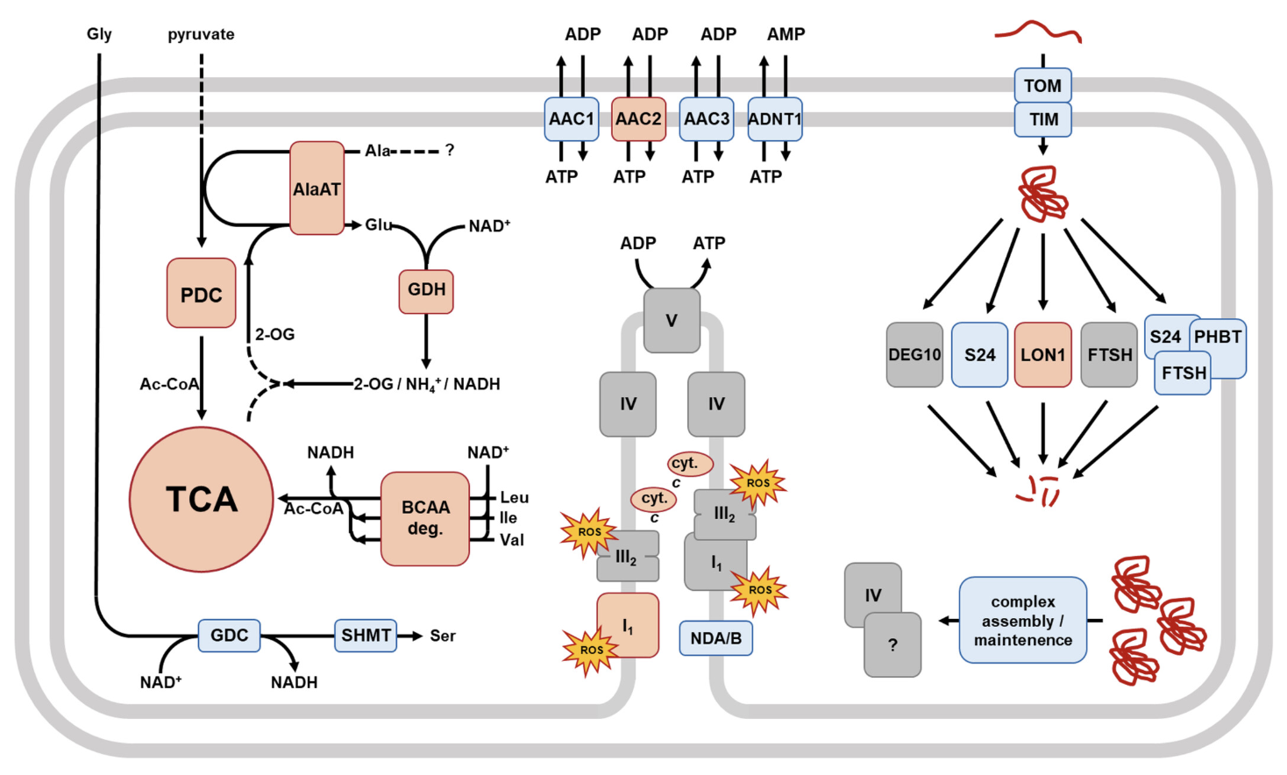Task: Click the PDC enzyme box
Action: pos(202,293)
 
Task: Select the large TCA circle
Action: pos(202,499)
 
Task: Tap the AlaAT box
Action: pos(316,188)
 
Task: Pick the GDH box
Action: pos(426,290)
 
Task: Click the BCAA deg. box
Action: pos(425,518)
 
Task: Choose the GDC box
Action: pos(229,635)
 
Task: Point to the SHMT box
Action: pos(366,635)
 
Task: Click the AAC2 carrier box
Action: pos(638,119)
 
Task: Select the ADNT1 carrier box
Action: pos(775,119)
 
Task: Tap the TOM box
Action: pos(1042,86)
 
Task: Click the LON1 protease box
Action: pos(1042,354)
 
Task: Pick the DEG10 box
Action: pos(914,354)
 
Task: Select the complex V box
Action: pos(672,320)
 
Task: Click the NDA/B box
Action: pos(715,638)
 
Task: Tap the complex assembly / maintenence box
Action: pos(1023,620)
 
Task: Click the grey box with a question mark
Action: pos(892,645)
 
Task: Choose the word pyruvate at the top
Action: pos(201,34)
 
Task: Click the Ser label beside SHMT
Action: pos(443,636)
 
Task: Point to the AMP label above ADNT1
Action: pos(786,34)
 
